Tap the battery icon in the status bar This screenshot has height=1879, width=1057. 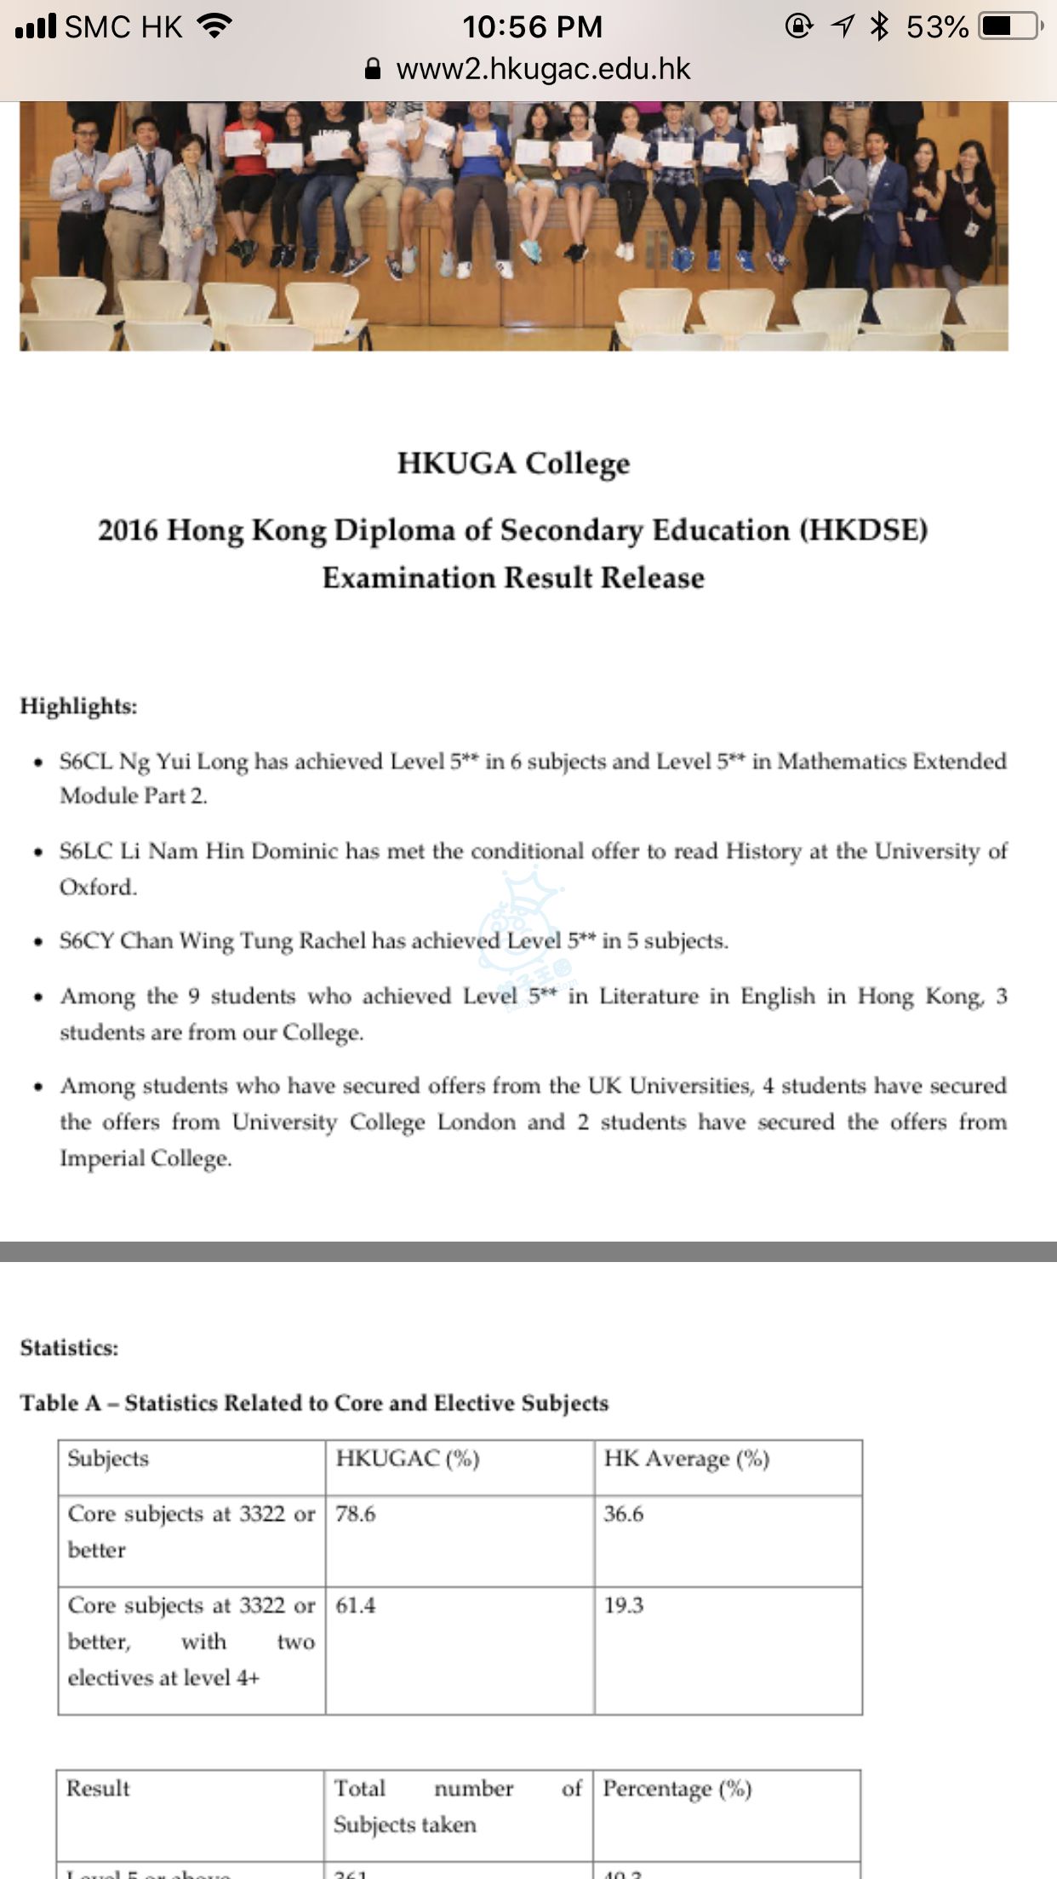coord(1010,26)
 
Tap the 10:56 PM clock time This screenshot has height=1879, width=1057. coord(532,27)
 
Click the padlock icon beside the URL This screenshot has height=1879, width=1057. coord(373,69)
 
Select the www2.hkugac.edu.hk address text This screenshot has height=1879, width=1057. coord(543,69)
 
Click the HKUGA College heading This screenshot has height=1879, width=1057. coord(513,464)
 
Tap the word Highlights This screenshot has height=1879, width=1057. coord(78,706)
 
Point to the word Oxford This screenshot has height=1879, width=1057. coord(97,887)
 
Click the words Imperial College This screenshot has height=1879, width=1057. coord(145,1158)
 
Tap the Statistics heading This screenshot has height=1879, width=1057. coord(69,1348)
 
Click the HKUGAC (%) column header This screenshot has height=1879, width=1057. coord(408,1459)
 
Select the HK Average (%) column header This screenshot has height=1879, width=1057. coord(686,1459)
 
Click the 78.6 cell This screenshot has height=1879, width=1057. coord(356,1514)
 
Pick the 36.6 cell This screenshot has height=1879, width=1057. coord(624,1514)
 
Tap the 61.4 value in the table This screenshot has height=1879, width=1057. coord(356,1605)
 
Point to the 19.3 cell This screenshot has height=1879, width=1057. coord(624,1605)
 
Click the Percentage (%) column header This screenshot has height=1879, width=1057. coord(677,1789)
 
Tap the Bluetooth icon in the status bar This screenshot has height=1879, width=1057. coord(879,26)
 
